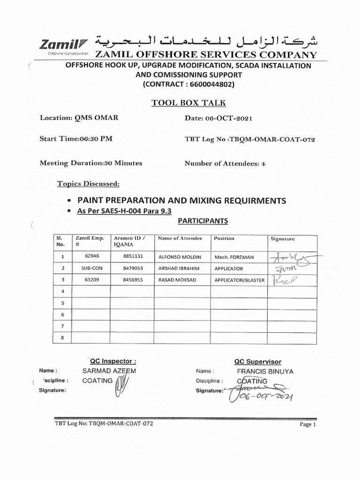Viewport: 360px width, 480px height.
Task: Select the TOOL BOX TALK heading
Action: pos(188,103)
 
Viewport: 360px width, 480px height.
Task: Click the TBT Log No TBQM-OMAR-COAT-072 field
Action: pos(250,139)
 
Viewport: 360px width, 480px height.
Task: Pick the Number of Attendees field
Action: pos(225,164)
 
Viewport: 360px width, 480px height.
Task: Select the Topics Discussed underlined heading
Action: pos(88,183)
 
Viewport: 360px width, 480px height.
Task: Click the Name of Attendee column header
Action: pos(180,239)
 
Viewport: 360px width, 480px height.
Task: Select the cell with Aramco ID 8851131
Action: pos(133,257)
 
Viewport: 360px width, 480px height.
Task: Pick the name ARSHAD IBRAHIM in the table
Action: pos(179,269)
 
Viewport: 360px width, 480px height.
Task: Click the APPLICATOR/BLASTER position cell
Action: pos(239,280)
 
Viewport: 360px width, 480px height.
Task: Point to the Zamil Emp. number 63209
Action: pos(91,280)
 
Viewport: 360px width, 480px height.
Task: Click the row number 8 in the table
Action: pos(62,337)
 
